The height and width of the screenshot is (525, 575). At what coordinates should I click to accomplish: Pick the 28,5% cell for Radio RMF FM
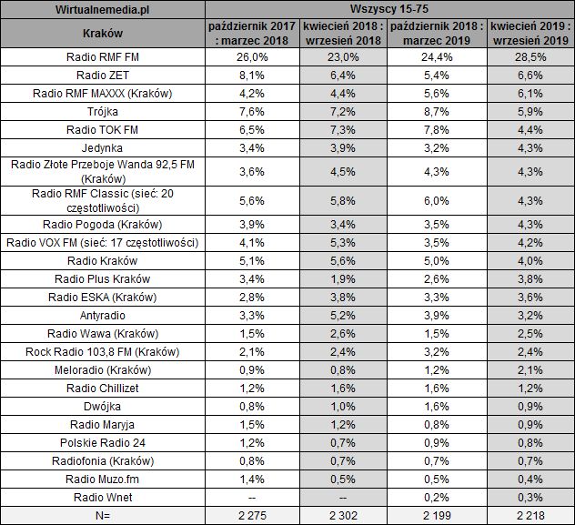coord(527,57)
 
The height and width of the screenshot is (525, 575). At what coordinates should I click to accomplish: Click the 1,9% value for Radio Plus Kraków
coord(342,278)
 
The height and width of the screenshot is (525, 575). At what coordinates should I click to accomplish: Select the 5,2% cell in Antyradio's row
coord(342,314)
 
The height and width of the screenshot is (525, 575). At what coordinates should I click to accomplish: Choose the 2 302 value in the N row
coord(342,515)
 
